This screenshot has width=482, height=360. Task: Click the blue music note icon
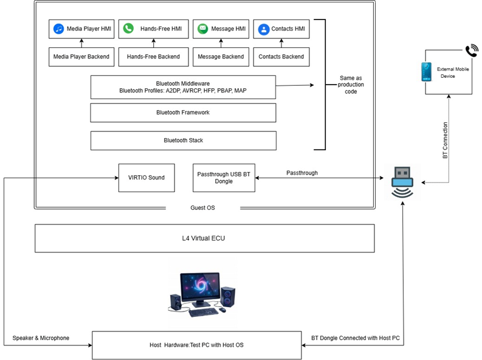point(58,29)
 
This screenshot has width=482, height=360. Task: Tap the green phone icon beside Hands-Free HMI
point(128,29)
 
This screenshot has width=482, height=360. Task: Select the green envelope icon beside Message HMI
point(202,29)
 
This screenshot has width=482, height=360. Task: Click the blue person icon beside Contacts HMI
point(264,29)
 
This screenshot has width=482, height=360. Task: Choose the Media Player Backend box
point(81,57)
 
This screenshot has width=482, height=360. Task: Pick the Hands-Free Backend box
point(153,57)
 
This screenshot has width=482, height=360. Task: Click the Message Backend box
point(221,57)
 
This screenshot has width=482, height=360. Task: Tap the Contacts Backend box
point(281,57)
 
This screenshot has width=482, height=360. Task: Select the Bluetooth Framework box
point(183,113)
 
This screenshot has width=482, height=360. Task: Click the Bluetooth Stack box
point(184,140)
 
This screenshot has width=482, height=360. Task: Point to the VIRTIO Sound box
point(146,178)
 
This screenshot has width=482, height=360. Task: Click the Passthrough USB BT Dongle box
point(224,178)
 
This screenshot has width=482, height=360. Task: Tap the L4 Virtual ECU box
point(205,238)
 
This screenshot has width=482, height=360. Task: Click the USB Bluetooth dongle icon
point(402,182)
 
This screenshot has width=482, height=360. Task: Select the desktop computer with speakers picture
point(202,294)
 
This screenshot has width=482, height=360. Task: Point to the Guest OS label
point(202,208)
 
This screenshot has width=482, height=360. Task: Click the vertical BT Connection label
point(445,140)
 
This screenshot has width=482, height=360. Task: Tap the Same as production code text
point(351,85)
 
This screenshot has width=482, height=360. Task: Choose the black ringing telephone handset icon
point(472,50)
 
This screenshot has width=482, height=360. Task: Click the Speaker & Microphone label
point(41,338)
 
